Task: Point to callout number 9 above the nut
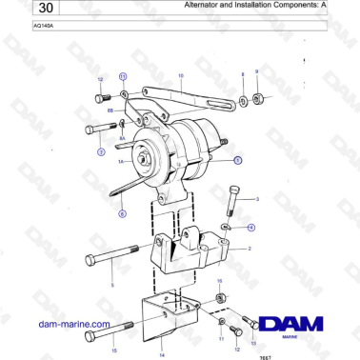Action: [256, 72]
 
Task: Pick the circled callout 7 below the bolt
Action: [100, 151]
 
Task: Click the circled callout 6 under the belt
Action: [122, 214]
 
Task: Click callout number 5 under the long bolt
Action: [111, 285]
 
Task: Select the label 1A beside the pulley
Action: [121, 164]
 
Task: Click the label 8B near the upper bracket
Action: [110, 111]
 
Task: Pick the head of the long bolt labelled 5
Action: [90, 259]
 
